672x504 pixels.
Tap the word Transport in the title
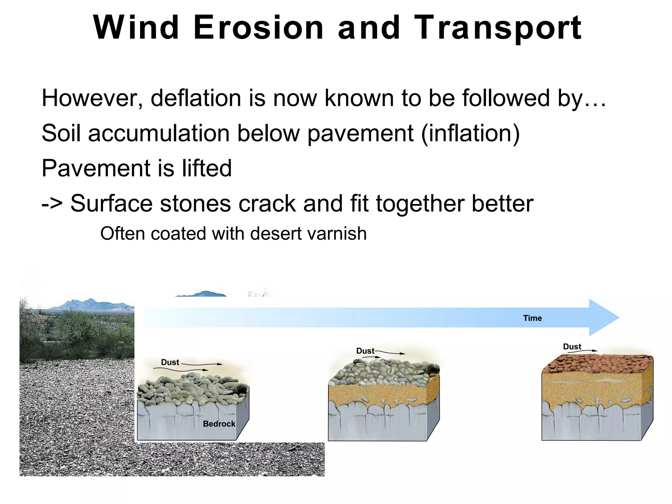pos(498,28)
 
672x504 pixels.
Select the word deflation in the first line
pos(196,98)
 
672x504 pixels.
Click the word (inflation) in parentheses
pos(470,133)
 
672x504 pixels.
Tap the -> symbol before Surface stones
pos(52,203)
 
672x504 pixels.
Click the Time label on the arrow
pos(532,318)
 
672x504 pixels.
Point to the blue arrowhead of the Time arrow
pos(604,318)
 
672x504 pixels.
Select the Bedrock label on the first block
pos(219,424)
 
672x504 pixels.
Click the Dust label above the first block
pos(170,362)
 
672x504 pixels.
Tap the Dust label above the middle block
pos(365,351)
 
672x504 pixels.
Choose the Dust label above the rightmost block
pos(572,346)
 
